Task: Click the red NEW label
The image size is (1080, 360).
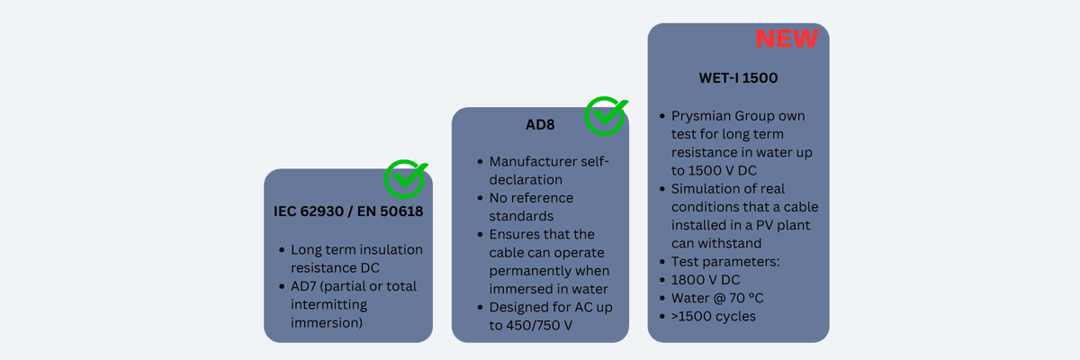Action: coord(787,39)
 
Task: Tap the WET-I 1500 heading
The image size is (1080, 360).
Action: coord(738,78)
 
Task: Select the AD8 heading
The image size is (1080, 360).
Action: coord(540,125)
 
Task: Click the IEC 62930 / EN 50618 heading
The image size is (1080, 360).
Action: coord(348,211)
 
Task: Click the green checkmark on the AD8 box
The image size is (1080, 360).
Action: coord(606,116)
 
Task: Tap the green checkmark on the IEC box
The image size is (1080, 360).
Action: coord(406,179)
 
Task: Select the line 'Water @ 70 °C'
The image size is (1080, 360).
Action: coord(717,298)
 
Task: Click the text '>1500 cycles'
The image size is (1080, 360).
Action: coord(714,317)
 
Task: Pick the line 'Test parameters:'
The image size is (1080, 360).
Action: coord(725,262)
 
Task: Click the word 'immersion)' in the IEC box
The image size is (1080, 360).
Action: coord(327,323)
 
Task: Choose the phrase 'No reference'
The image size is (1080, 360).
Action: coord(531,198)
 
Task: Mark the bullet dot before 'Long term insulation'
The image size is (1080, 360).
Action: coord(282,250)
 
